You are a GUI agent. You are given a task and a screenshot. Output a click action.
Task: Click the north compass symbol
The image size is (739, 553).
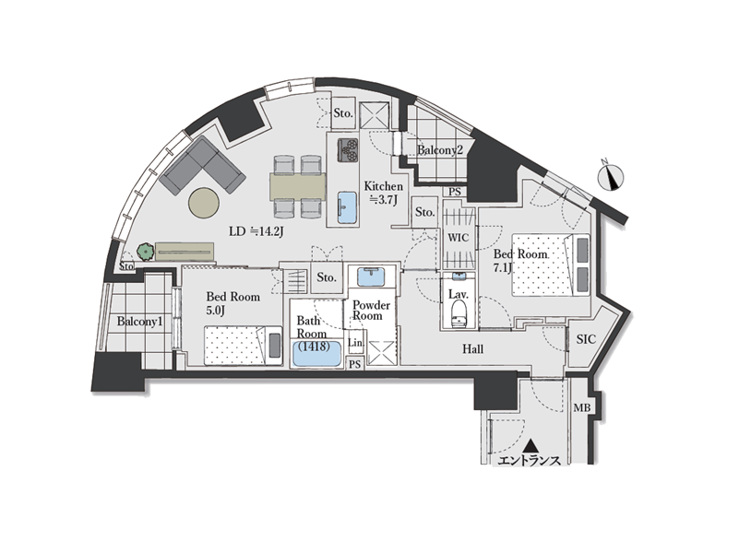tap(611, 176)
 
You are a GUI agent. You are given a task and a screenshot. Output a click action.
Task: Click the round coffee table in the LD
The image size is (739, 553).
tap(204, 203)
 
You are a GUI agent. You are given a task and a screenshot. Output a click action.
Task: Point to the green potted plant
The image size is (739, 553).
tap(146, 252)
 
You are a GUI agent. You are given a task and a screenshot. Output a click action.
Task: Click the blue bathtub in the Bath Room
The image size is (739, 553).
tap(316, 353)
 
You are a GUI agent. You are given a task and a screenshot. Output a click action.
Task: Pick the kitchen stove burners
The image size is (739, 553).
tap(348, 149)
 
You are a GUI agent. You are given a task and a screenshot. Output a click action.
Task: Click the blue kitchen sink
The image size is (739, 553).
tap(347, 207)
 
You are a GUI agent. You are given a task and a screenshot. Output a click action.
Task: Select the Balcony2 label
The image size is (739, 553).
tap(440, 150)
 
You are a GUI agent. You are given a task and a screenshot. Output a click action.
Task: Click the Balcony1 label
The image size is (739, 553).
tap(139, 322)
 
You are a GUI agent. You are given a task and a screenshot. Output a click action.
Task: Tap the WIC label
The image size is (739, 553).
tap(459, 238)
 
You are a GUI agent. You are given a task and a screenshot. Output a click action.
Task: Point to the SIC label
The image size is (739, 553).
tap(586, 339)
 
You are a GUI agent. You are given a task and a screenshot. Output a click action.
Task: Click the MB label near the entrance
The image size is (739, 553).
tap(581, 408)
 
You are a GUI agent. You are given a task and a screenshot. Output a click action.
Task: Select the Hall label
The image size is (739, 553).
tap(472, 349)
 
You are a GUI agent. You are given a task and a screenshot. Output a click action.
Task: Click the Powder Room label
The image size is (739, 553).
tap(371, 311)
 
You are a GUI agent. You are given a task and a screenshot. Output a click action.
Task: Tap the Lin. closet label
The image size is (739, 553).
tap(356, 343)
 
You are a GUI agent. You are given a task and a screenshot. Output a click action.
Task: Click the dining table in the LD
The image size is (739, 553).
tap(298, 187)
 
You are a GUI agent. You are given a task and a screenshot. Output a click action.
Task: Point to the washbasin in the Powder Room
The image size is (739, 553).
tap(371, 276)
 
